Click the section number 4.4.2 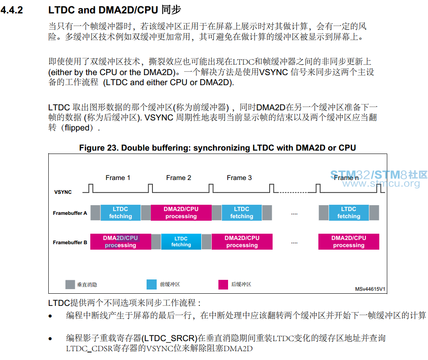point(12,10)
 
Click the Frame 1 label point(118,178)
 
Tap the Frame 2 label point(179,178)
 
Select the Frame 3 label point(239,178)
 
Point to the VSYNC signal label point(63,192)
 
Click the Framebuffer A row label point(70,213)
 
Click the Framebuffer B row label point(70,243)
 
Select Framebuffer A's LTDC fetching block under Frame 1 point(121,213)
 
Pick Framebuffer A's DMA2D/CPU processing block point(181,213)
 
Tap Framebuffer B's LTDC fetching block point(181,242)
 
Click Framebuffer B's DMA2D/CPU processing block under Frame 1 point(121,242)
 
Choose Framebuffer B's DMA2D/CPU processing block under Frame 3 point(242,242)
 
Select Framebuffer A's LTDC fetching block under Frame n point(349,213)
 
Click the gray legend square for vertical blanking point(70,284)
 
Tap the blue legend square point(152,284)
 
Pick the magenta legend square point(223,284)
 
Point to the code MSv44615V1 point(370,289)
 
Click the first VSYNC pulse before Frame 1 point(91,188)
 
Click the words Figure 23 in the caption point(99,148)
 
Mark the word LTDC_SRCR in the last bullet point(169,338)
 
